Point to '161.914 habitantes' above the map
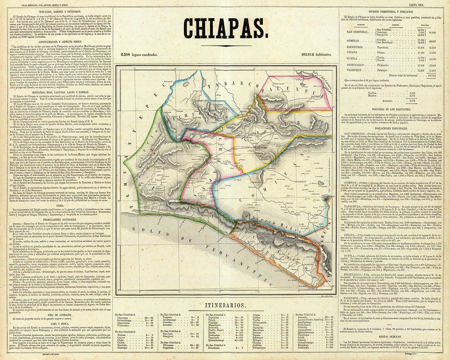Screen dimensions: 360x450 pyautogui.click(x=312, y=55)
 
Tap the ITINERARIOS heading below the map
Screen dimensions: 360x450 pyautogui.click(x=225, y=305)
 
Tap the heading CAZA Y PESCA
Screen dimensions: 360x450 pyautogui.click(x=57, y=328)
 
